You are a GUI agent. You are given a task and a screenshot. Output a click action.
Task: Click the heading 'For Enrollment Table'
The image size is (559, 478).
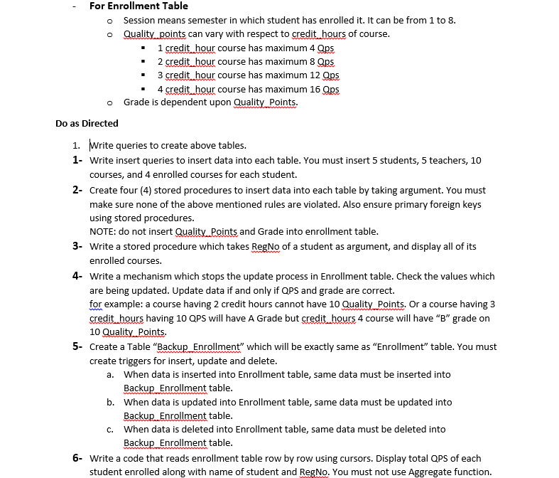click(x=139, y=6)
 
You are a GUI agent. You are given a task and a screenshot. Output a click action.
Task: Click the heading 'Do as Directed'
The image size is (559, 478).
click(x=87, y=123)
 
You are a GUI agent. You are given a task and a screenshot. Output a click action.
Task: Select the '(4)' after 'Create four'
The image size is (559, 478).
click(x=153, y=190)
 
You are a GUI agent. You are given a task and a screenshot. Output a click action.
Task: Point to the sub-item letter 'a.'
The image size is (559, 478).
click(x=111, y=374)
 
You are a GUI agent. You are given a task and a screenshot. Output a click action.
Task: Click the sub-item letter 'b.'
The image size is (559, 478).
click(x=111, y=402)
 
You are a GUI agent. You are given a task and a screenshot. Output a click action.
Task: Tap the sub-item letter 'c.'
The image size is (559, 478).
click(x=111, y=429)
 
